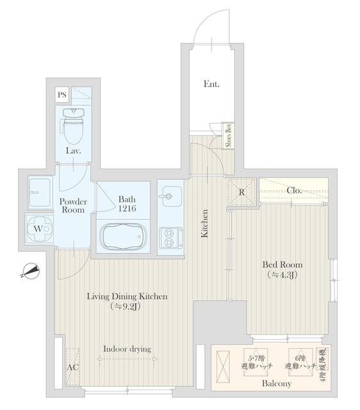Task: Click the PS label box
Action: click(61, 95)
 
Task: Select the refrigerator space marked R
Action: click(243, 191)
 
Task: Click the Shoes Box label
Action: click(227, 135)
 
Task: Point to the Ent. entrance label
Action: click(211, 84)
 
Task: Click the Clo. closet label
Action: click(294, 190)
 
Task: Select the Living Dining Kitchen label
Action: click(127, 301)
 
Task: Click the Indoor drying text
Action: click(127, 349)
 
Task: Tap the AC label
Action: click(72, 368)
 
